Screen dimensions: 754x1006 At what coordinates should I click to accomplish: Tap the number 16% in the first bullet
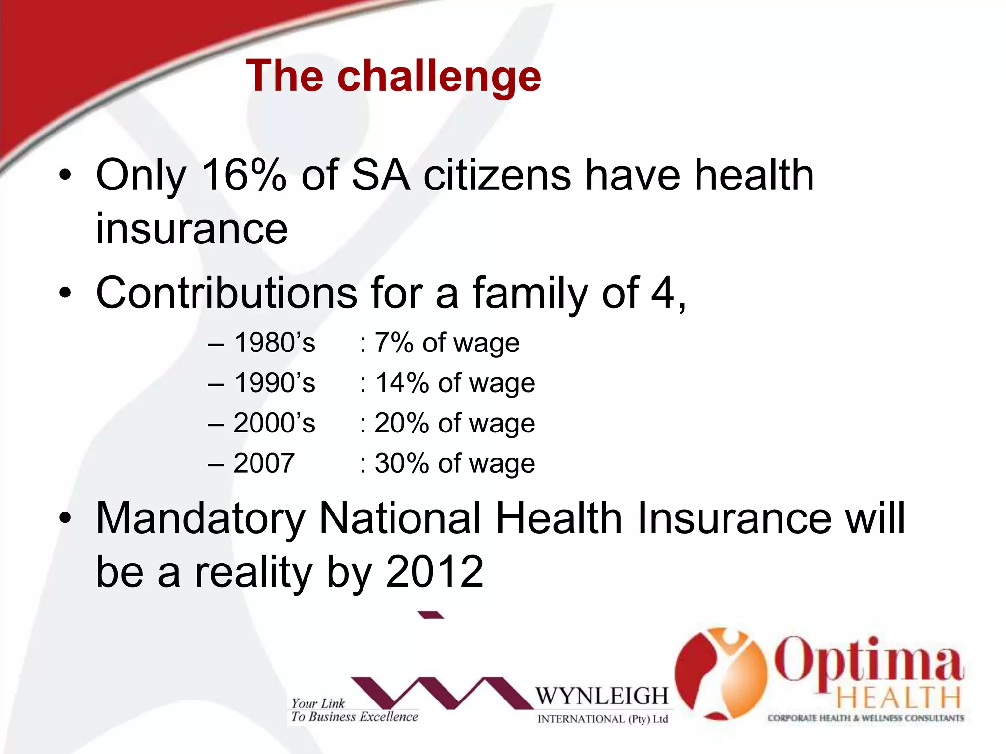coord(243,175)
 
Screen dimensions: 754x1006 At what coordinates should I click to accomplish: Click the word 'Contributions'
coord(226,293)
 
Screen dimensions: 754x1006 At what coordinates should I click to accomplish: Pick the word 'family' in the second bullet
coord(530,294)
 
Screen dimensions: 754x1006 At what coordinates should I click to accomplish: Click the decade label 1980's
coord(274,343)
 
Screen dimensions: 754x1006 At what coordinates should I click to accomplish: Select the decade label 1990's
coord(274,383)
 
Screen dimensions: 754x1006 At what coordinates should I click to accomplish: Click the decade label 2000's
coord(274,423)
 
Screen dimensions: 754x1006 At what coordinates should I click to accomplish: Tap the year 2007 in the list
coord(264,463)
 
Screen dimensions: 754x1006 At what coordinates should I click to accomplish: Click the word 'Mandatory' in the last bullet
coord(200,518)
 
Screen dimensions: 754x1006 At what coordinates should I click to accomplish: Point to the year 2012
coord(435,572)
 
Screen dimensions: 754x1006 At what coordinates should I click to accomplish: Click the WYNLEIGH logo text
coord(602,696)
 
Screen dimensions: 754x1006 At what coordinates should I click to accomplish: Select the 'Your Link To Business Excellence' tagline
coord(354,710)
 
